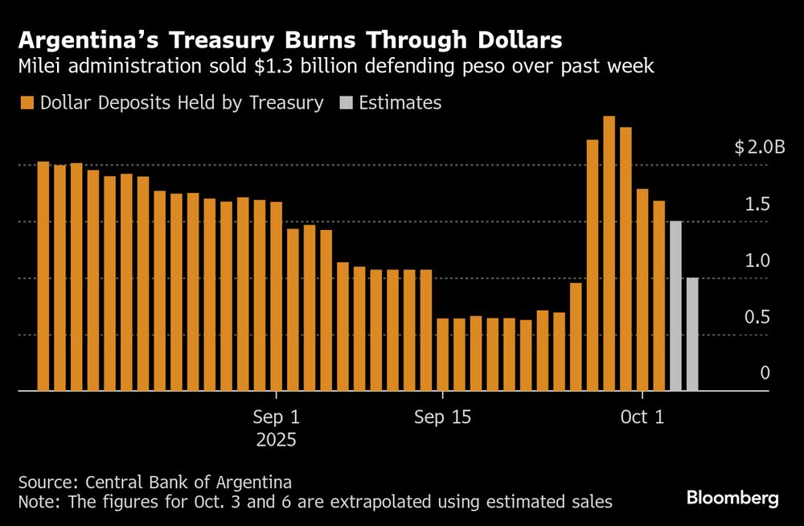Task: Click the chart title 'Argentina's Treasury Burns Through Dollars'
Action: tap(290, 39)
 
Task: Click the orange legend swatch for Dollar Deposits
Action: tap(27, 103)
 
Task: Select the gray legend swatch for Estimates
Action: tap(346, 103)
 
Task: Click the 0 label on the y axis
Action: tap(765, 373)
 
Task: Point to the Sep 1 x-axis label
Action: tap(276, 418)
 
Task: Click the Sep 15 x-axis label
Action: tap(442, 418)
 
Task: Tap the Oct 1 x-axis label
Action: tap(642, 418)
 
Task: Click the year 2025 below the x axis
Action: tap(276, 441)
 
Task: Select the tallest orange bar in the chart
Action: tap(609, 253)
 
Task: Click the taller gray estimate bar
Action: tap(675, 306)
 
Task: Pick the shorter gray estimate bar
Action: tap(692, 334)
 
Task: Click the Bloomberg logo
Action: tap(732, 499)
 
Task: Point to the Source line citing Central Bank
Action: tap(154, 483)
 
